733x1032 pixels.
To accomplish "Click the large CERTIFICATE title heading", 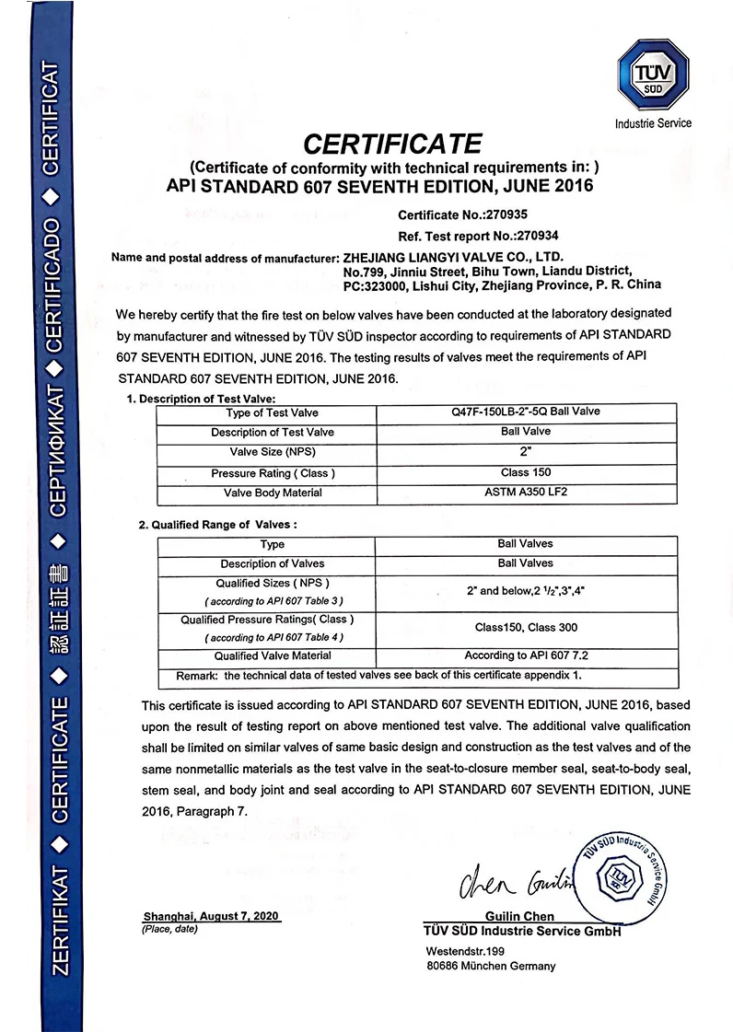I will point(393,144).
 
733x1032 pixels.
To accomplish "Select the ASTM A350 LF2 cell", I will point(525,493).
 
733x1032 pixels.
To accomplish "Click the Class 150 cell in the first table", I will point(525,472).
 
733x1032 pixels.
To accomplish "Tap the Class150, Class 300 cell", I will point(525,628).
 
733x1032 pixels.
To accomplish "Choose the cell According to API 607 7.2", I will point(525,655).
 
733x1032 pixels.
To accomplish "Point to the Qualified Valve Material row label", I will point(273,655).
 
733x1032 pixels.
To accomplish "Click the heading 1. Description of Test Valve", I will point(201,399).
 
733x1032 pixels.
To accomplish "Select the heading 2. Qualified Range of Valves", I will point(217,524).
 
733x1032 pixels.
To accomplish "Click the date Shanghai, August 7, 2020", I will point(211,917).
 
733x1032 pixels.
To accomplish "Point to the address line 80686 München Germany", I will point(491,966).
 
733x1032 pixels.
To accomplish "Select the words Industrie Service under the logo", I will point(653,123).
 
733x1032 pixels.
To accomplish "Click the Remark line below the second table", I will point(379,675).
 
